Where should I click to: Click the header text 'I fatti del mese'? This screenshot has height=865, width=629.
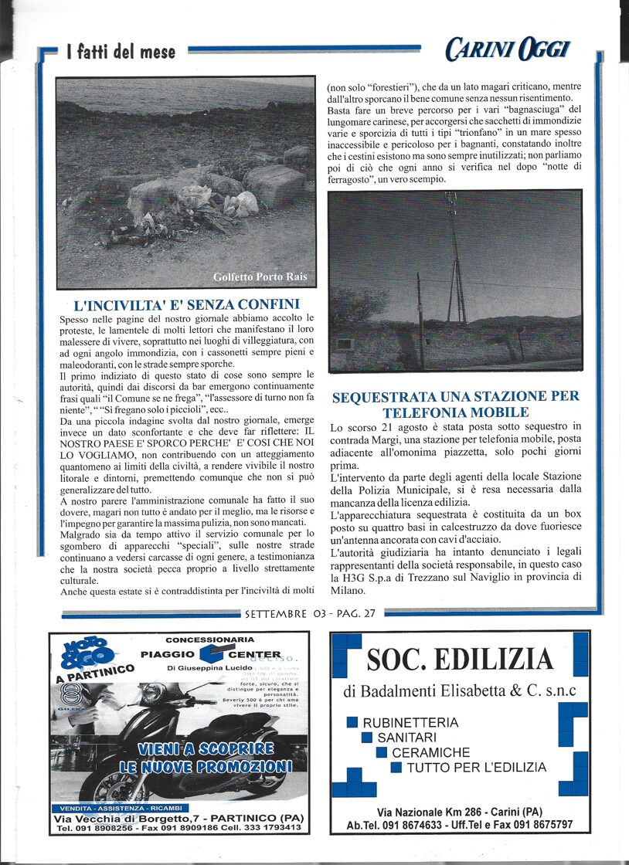coord(121,53)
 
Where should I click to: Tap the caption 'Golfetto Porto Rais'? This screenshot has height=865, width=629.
coord(260,276)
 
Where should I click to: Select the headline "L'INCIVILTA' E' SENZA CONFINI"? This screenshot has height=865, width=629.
coord(186,304)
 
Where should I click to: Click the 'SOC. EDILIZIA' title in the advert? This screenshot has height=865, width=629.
coord(460,660)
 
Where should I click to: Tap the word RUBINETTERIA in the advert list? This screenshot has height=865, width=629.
coord(410,723)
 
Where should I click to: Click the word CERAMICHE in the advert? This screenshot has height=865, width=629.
coord(430,752)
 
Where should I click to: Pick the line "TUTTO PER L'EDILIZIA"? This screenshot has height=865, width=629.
coord(476,767)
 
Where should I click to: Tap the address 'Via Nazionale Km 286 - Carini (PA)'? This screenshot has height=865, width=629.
coord(459,812)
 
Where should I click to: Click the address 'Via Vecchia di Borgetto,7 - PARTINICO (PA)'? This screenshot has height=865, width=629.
coord(179,818)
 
